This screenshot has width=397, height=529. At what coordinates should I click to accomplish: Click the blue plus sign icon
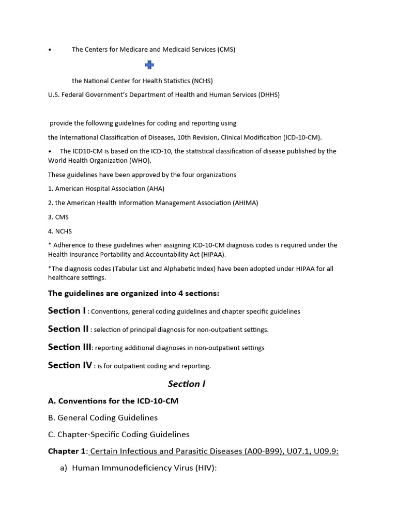(149, 65)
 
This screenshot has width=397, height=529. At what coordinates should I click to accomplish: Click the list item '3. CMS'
(58, 217)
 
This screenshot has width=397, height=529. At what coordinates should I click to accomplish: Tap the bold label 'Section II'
(68, 329)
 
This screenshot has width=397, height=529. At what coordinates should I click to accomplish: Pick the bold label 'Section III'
(70, 347)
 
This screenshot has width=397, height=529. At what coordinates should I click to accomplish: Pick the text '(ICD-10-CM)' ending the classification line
(302, 137)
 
